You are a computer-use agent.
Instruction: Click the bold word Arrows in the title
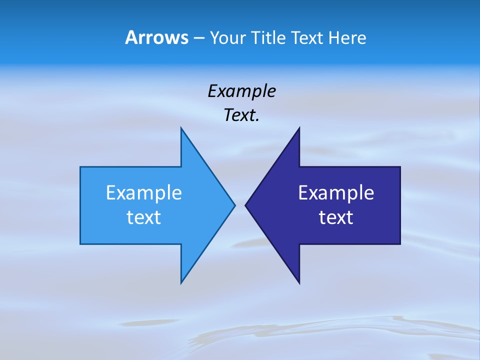tap(156, 38)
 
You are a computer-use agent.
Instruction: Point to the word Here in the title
tap(348, 38)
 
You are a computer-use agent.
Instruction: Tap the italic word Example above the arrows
tap(241, 91)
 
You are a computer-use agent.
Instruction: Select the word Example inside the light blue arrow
tap(144, 193)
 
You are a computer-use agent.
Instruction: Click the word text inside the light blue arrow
tap(144, 217)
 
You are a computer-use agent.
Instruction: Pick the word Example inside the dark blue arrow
tap(336, 193)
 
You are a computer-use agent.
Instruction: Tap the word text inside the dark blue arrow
tap(336, 217)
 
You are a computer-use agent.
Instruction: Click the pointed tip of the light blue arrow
tap(234, 205)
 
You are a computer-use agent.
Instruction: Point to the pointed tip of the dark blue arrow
tap(245, 205)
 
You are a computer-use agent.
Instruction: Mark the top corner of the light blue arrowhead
tap(181, 128)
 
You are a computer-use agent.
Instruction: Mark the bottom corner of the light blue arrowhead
tap(181, 282)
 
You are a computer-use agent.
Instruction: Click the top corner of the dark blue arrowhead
tap(299, 128)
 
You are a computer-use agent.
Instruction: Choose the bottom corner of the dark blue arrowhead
tap(299, 283)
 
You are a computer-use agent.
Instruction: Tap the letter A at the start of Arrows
tap(131, 38)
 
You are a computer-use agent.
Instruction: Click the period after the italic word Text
tap(257, 120)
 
